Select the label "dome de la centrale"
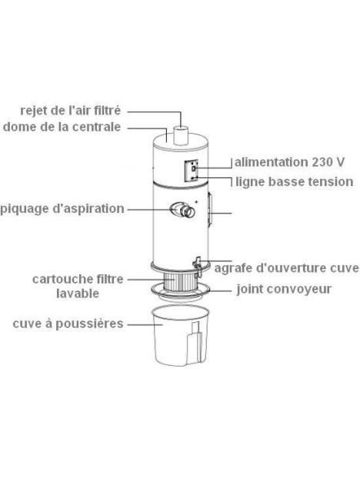coord(62,128)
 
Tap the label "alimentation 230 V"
coord(289,163)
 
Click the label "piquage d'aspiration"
coord(62,208)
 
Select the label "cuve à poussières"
coord(68,324)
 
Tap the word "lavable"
coord(77,293)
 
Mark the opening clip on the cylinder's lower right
coord(198,265)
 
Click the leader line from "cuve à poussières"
coord(139,324)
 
